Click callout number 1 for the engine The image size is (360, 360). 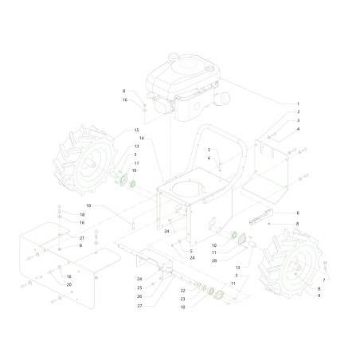pyautogui.click(x=298, y=104)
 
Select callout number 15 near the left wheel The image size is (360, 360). pyautogui.click(x=136, y=131)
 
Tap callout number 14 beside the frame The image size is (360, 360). pyautogui.click(x=142, y=138)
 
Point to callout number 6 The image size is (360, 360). pyautogui.click(x=298, y=213)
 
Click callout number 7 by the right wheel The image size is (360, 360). pyautogui.click(x=324, y=280)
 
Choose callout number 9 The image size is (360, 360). pyautogui.click(x=319, y=295)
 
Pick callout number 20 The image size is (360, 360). pyautogui.click(x=69, y=284)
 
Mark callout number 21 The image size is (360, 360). pyautogui.click(x=82, y=238)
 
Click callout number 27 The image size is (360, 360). pyautogui.click(x=139, y=306)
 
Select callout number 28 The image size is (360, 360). pyautogui.click(x=214, y=260)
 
